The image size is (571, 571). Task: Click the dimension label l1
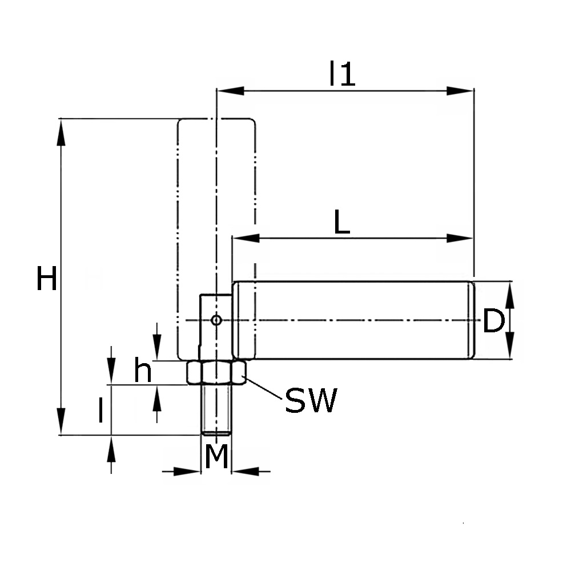click(342, 74)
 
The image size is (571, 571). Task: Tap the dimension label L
click(341, 223)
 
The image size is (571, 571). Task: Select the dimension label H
click(47, 280)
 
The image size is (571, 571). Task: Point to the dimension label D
click(493, 321)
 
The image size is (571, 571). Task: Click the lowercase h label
click(143, 371)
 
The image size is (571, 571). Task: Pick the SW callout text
click(311, 400)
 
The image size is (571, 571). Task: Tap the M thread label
click(216, 457)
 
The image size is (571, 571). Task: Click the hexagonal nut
click(216, 372)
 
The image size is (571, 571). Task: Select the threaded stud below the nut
click(216, 409)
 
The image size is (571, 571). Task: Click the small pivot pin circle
click(216, 320)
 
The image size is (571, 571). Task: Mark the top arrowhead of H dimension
click(60, 131)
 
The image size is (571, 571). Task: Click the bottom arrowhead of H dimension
click(60, 423)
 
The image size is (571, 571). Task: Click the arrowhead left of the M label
click(187, 471)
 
